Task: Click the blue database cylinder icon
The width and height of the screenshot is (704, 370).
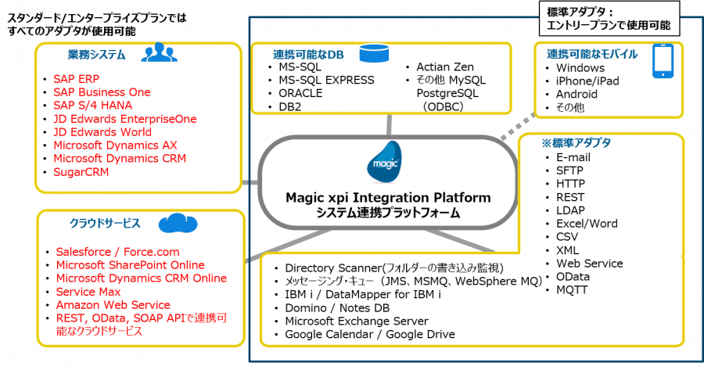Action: pyautogui.click(x=369, y=53)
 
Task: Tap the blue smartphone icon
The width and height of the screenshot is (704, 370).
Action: pyautogui.click(x=664, y=63)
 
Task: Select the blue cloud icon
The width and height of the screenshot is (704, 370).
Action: pyautogui.click(x=177, y=225)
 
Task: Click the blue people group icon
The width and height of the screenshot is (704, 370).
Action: pyautogui.click(x=159, y=53)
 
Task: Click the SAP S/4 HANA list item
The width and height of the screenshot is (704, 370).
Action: pyautogui.click(x=92, y=106)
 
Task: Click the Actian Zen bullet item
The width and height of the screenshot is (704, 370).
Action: pyautogui.click(x=445, y=67)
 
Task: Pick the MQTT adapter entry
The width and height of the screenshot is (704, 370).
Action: pyautogui.click(x=573, y=290)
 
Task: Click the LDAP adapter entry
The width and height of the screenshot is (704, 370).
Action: pyautogui.click(x=572, y=210)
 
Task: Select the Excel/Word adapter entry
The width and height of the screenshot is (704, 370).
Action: pyautogui.click(x=587, y=224)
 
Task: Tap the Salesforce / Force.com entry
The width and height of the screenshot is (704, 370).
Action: pyautogui.click(x=117, y=252)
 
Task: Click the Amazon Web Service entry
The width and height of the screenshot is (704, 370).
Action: pyautogui.click(x=113, y=305)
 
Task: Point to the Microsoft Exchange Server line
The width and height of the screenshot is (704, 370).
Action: pyautogui.click(x=357, y=322)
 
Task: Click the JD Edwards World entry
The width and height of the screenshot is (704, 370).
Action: pyautogui.click(x=102, y=132)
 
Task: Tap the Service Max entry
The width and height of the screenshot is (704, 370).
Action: pyautogui.click(x=87, y=292)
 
